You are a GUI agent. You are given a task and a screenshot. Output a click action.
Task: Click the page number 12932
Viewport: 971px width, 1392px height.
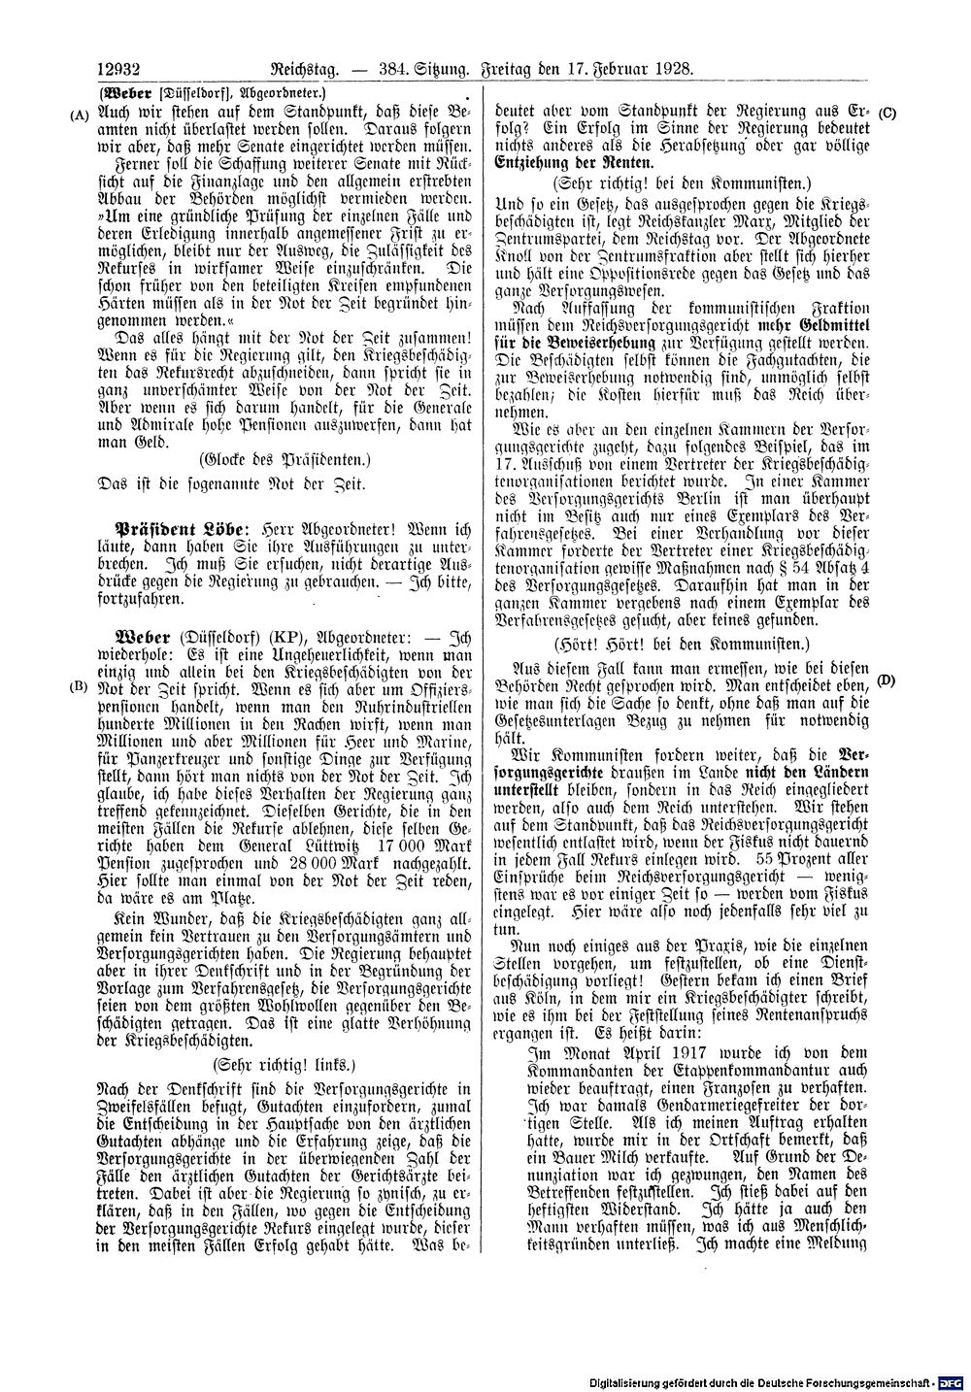119,69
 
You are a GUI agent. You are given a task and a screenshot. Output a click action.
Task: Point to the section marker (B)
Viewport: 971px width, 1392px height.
80,686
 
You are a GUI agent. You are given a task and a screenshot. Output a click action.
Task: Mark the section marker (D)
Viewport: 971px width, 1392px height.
886,680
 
